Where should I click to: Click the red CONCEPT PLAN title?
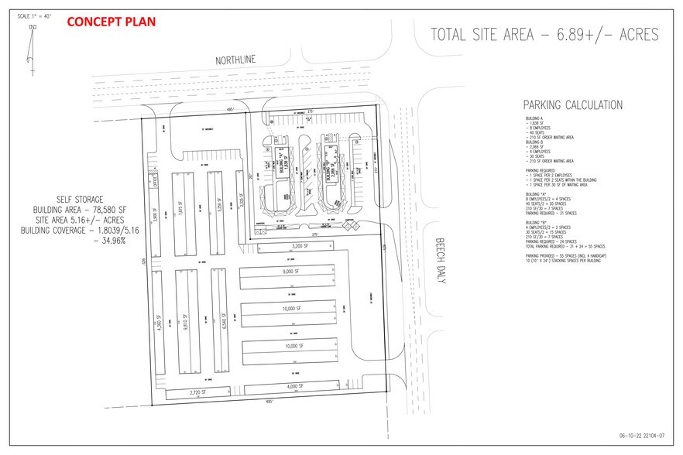point(112,22)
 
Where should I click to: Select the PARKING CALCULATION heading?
point(572,105)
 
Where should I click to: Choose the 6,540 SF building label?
point(223,321)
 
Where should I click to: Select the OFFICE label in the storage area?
point(155,183)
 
